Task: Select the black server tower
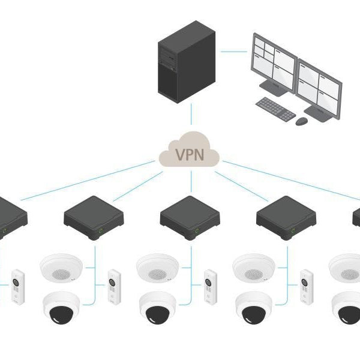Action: point(186,63)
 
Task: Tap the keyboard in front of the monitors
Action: point(275,109)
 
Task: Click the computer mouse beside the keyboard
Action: point(301,121)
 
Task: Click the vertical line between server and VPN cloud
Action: point(191,114)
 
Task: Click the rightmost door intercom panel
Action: point(307,287)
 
